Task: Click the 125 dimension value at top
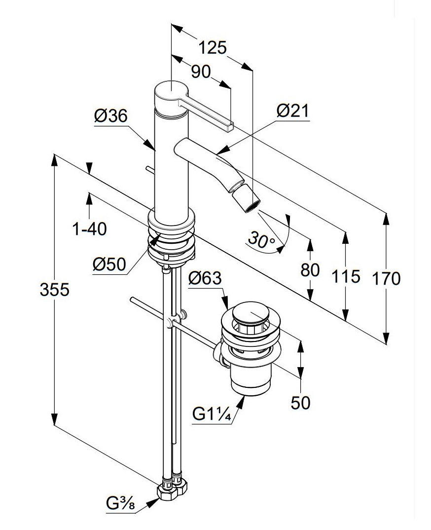[213, 48]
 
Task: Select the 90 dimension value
[201, 72]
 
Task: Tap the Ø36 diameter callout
[111, 116]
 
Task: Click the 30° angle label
[262, 240]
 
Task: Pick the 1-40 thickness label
[89, 229]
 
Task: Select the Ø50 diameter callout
[109, 265]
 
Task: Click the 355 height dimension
[54, 289]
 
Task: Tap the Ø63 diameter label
[205, 279]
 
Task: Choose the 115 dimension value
[346, 277]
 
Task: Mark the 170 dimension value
[386, 279]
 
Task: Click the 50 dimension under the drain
[300, 403]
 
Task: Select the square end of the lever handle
[230, 126]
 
